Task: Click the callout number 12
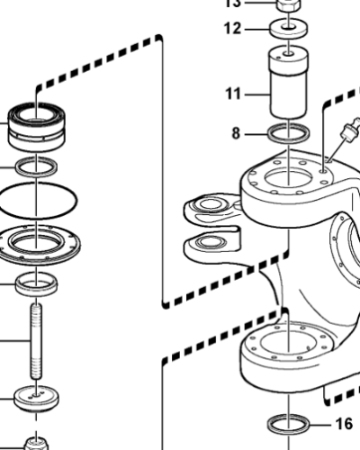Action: pyautogui.click(x=233, y=29)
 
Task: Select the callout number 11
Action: pyautogui.click(x=233, y=92)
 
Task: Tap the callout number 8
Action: pyautogui.click(x=236, y=133)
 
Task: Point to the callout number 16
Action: pyautogui.click(x=345, y=423)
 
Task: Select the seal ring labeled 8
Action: pyautogui.click(x=289, y=135)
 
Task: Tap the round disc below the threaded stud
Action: pyautogui.click(x=37, y=397)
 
